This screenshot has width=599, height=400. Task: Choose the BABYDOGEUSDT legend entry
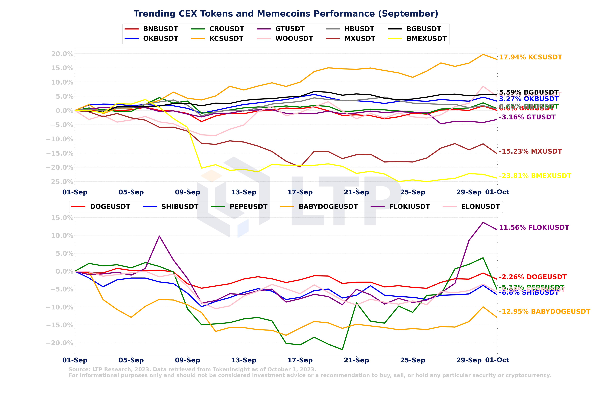click(x=328, y=207)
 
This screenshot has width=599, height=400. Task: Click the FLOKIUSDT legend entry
click(x=409, y=207)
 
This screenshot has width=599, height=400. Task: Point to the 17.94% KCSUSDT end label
click(x=530, y=57)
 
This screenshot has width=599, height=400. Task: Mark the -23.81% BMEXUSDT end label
click(x=535, y=176)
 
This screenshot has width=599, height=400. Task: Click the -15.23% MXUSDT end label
click(x=530, y=151)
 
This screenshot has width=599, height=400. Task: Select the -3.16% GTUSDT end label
click(x=527, y=117)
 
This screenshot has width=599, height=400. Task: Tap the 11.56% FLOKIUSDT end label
click(x=534, y=228)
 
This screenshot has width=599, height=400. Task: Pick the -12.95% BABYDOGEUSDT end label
click(x=544, y=311)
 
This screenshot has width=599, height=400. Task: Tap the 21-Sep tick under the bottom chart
click(x=356, y=360)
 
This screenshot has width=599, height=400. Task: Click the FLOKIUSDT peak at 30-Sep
click(x=483, y=222)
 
